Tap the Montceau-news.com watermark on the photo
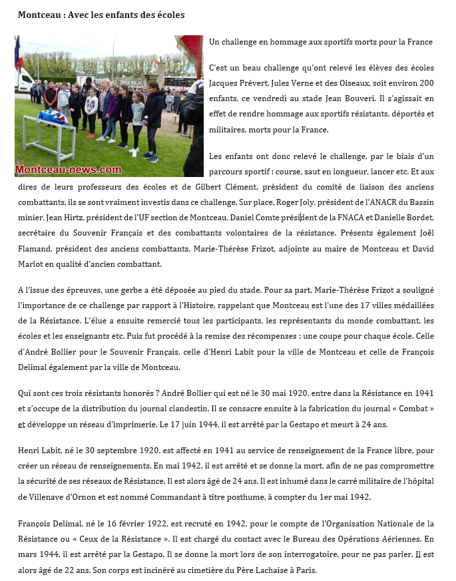[69, 170]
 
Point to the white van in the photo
[26, 81]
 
